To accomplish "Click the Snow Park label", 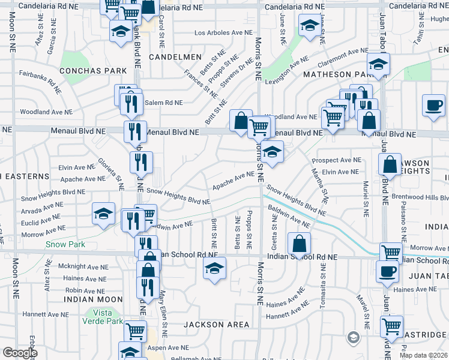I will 65,244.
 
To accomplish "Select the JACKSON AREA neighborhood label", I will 216,325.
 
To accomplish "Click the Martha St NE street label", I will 324,188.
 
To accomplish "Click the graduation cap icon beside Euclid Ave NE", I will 103,214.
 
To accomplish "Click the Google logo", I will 20,353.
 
